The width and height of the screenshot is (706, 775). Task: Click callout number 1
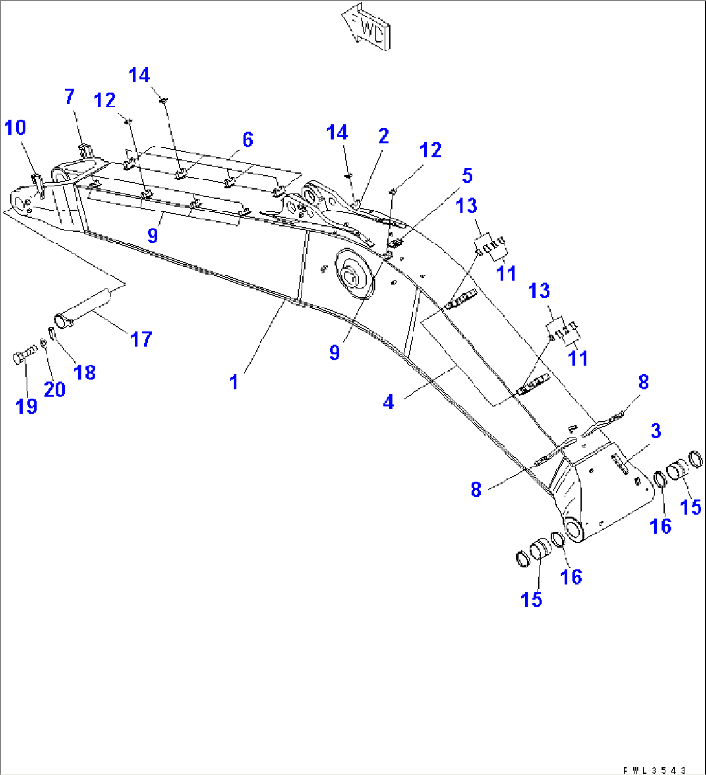pos(234,382)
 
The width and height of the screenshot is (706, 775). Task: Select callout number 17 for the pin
pos(141,339)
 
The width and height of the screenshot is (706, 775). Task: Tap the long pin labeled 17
pos(85,308)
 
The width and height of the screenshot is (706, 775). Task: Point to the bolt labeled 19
pos(22,357)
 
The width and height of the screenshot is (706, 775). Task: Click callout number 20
pos(54,388)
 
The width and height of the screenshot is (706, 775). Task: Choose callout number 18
pos(85,372)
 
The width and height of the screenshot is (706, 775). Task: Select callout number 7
pos(69,97)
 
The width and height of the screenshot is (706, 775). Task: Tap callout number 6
pos(247,139)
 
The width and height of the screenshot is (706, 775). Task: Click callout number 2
pos(383,136)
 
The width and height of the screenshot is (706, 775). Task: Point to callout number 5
pos(466,175)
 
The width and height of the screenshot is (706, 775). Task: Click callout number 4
pos(388,402)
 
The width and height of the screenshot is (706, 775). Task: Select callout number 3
pos(655,431)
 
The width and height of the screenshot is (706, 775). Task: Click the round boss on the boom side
pos(354,276)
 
